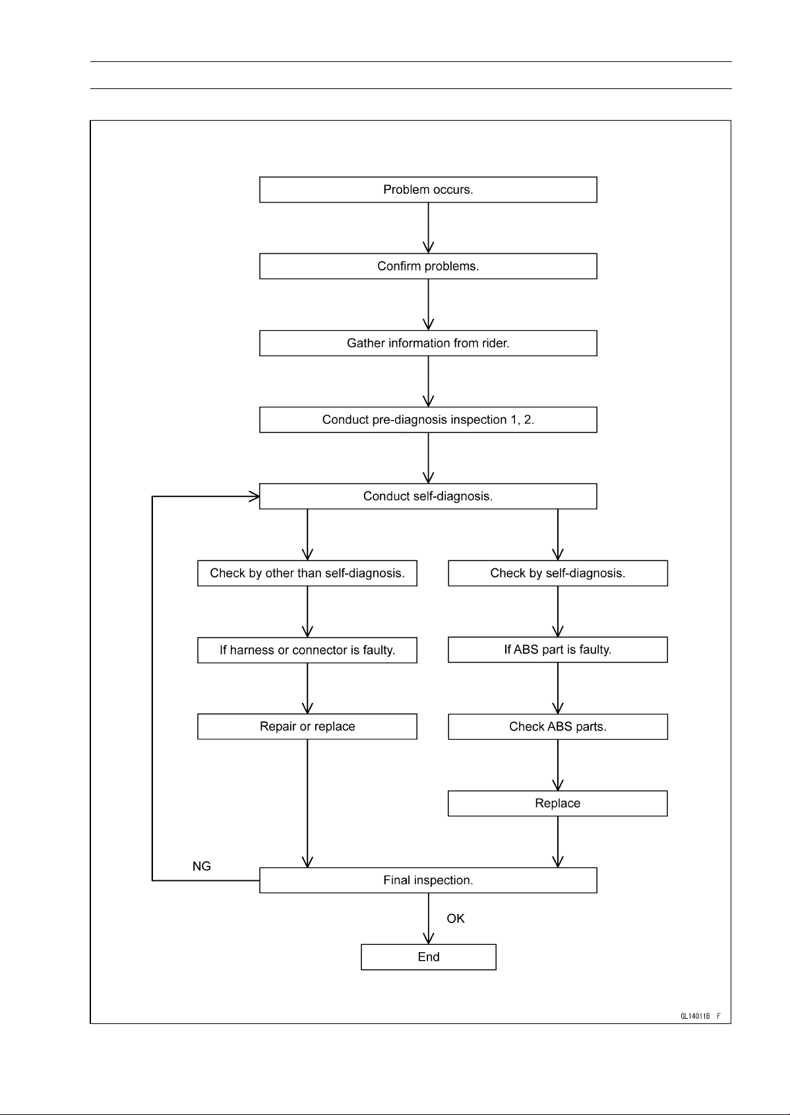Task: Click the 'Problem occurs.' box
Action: [428, 190]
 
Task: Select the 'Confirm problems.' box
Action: [428, 266]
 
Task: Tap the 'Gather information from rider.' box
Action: [428, 343]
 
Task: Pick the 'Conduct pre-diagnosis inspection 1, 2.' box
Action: [428, 419]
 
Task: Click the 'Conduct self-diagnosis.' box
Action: [428, 497]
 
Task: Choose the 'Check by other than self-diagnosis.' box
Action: [307, 574]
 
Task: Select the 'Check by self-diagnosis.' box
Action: [557, 574]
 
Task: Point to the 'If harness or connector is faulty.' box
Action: [307, 650]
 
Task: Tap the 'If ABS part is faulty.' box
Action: [557, 649]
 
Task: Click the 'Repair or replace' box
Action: [307, 727]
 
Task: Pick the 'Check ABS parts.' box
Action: [557, 727]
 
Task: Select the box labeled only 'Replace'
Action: [557, 803]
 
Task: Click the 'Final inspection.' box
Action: [428, 880]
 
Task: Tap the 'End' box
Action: [429, 957]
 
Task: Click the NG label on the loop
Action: [202, 866]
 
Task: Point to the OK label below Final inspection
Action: [456, 919]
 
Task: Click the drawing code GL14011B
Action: [695, 1016]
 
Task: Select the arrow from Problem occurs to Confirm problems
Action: [428, 228]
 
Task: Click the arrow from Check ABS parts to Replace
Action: [557, 765]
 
